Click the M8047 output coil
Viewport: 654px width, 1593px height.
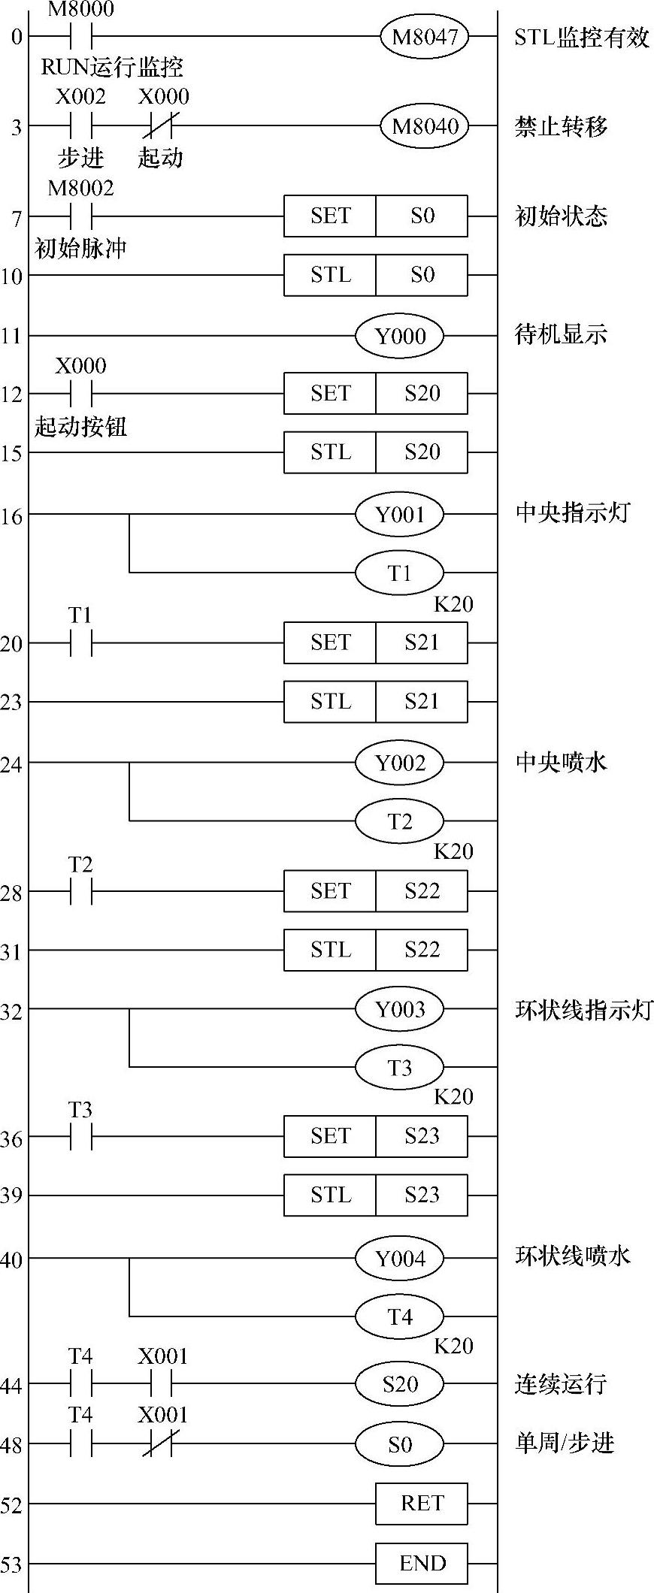(425, 36)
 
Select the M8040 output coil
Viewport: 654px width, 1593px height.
(425, 125)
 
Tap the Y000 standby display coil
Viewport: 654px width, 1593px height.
(400, 335)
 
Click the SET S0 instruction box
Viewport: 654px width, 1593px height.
(375, 216)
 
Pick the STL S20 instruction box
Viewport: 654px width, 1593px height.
(375, 452)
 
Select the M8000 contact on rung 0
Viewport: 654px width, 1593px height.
(80, 36)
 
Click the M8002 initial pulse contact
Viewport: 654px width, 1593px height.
(80, 216)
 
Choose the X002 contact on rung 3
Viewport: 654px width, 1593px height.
(80, 125)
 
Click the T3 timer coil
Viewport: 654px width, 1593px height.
(400, 1067)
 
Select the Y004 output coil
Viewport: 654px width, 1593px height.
(400, 1257)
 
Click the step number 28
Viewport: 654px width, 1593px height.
(11, 893)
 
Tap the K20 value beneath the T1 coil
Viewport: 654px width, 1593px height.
(453, 604)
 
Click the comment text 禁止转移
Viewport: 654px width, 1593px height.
(561, 126)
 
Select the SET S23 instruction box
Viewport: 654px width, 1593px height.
(375, 1136)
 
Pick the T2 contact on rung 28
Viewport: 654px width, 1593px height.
(80, 893)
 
